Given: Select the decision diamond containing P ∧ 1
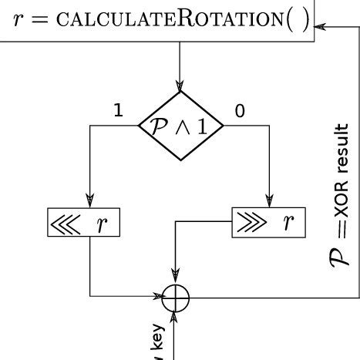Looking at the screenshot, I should click(x=180, y=126).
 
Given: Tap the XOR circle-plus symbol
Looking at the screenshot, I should click(x=177, y=296).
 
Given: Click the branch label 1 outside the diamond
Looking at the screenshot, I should click(x=118, y=111).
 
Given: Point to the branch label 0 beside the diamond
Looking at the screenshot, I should click(x=240, y=111).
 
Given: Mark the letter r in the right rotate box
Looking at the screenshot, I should click(x=289, y=224).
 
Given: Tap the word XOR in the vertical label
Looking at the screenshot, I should click(x=341, y=211).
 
